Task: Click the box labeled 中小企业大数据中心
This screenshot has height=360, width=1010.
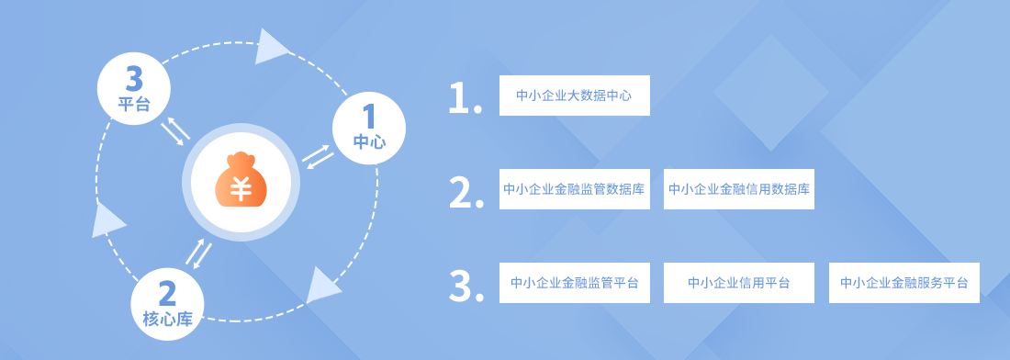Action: click(575, 96)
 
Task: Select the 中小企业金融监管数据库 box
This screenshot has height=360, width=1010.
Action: click(575, 189)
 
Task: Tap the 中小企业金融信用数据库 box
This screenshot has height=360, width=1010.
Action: click(739, 189)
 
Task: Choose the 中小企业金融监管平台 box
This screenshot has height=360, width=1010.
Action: click(575, 283)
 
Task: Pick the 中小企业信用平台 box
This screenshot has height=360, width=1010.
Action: click(739, 283)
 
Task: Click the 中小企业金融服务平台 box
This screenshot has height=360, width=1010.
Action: click(903, 283)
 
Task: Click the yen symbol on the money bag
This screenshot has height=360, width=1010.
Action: click(241, 186)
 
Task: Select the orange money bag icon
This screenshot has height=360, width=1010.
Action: click(241, 180)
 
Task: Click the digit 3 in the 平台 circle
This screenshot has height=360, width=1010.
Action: click(134, 81)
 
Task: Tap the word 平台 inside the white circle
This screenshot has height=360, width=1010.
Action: click(134, 105)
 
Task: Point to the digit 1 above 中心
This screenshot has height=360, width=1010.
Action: click(369, 117)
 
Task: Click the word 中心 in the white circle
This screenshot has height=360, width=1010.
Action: click(369, 141)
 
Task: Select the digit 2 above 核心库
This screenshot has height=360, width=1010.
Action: click(167, 294)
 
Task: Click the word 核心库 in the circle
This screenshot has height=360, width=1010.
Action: click(167, 318)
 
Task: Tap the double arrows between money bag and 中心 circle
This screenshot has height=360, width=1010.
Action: click(319, 156)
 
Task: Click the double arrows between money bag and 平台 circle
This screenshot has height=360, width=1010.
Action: click(175, 131)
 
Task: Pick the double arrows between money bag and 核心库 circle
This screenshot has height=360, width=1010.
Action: click(198, 253)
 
